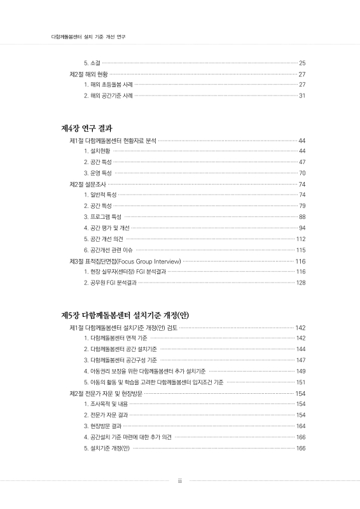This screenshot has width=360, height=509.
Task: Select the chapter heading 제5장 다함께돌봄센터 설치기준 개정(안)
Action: [x=125, y=315]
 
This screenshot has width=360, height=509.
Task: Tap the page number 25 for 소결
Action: [x=302, y=63]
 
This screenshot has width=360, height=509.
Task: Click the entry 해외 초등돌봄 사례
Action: [x=107, y=85]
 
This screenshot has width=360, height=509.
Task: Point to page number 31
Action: [x=302, y=95]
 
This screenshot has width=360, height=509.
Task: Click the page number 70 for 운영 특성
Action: [x=302, y=173]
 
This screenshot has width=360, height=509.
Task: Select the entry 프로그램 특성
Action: [x=102, y=217]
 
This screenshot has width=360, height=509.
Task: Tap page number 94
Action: [x=302, y=228]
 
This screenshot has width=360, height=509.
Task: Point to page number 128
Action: [x=301, y=282]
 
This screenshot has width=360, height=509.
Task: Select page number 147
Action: [x=301, y=360]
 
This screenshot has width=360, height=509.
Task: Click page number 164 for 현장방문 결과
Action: [x=301, y=426]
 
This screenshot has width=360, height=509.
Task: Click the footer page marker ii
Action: [x=180, y=481]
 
